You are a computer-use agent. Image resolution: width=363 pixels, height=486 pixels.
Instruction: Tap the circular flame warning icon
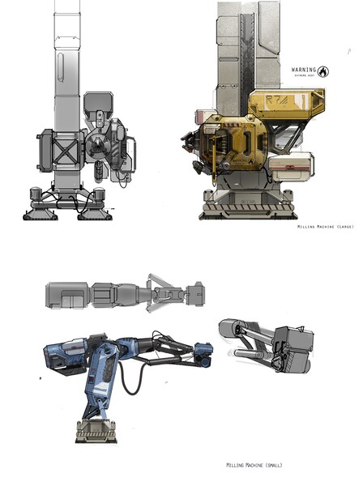(x=324, y=70)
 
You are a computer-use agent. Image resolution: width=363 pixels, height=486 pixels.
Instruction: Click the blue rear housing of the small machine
(x=64, y=357)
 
